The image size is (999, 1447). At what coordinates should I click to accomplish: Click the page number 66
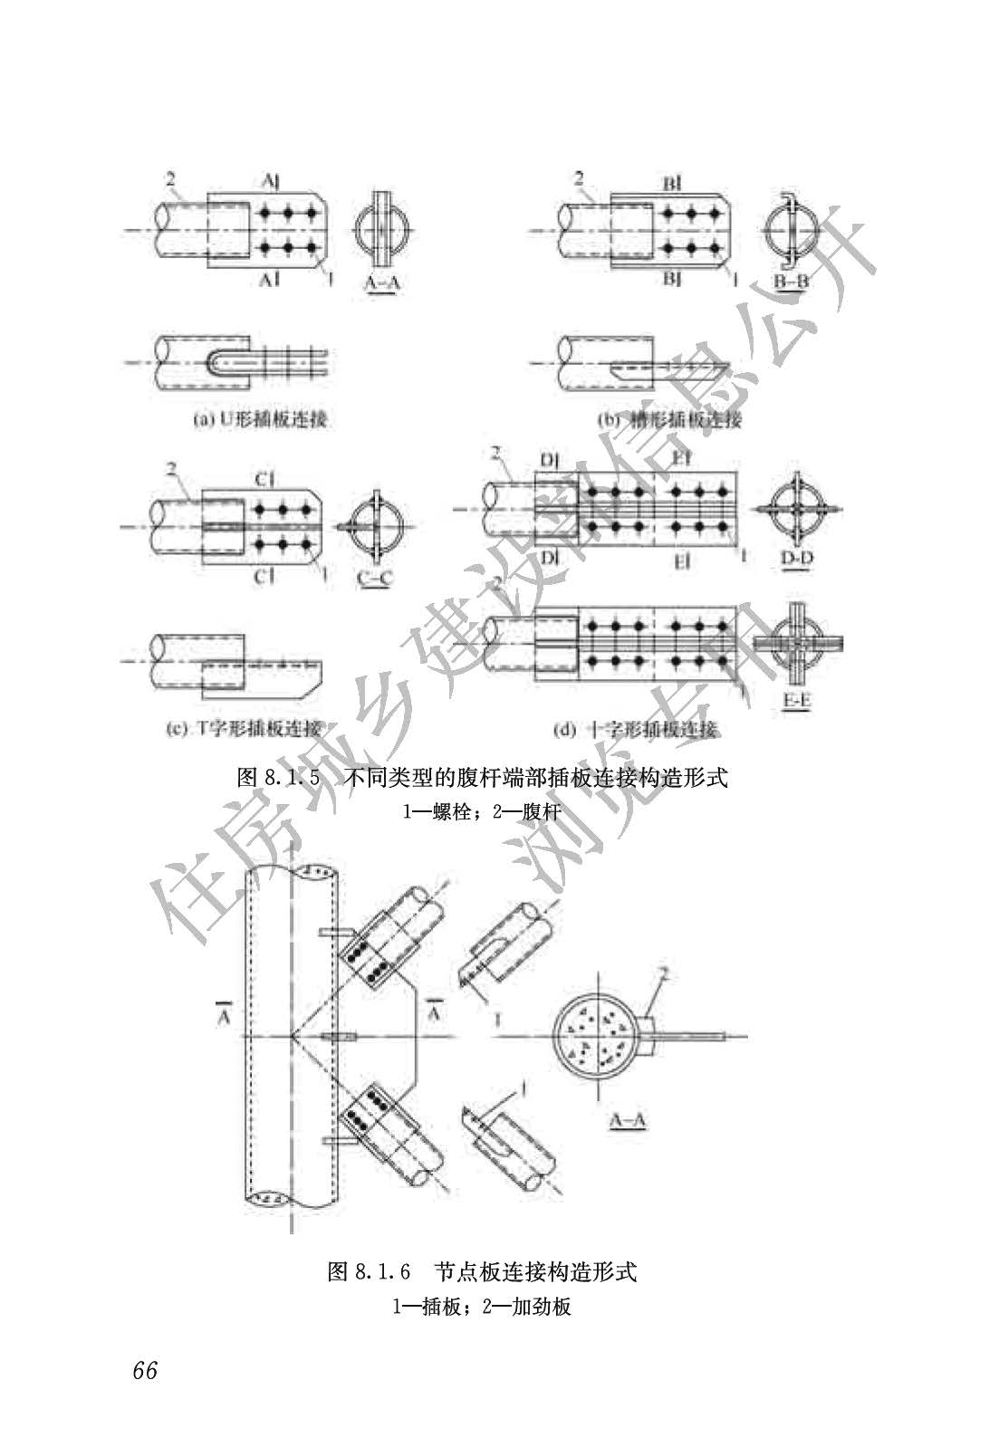coord(145,1370)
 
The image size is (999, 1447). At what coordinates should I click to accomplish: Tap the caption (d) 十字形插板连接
coord(637,729)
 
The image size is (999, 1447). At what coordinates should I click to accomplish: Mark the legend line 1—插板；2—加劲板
coord(482,1307)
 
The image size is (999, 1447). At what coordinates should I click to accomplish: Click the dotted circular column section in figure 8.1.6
coord(598,1036)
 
